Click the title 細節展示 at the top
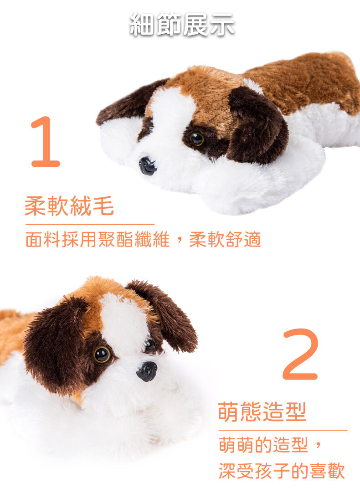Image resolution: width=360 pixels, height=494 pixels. click(x=182, y=24)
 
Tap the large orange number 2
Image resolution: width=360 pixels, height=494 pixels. click(x=300, y=354)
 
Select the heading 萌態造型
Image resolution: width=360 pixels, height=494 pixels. click(x=262, y=412)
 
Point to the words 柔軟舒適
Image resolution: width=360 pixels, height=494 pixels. click(x=225, y=239)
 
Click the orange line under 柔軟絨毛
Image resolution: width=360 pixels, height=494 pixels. click(x=90, y=225)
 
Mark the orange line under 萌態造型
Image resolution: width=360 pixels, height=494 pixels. click(x=283, y=430)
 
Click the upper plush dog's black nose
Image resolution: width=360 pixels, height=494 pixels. click(x=147, y=166)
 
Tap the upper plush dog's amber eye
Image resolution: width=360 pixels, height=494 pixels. click(x=197, y=139)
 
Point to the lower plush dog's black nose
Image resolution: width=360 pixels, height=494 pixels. click(x=147, y=371)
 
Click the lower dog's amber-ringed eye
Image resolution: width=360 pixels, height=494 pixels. click(x=102, y=355)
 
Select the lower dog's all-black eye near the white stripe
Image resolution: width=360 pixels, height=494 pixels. click(x=150, y=345)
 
